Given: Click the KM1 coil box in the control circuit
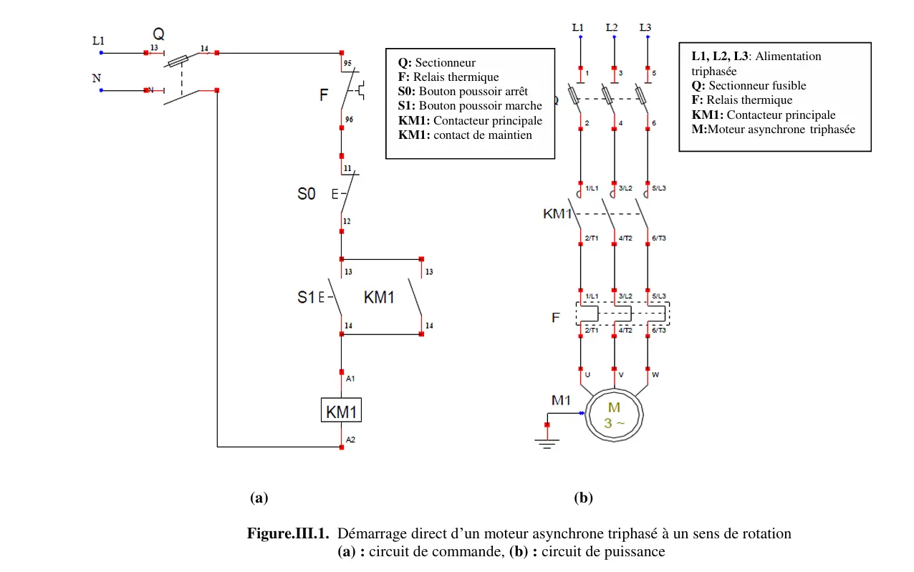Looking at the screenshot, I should [342, 412].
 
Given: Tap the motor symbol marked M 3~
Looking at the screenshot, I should [615, 415].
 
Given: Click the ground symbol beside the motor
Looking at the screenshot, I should [547, 443].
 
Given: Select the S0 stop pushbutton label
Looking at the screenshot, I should [307, 193].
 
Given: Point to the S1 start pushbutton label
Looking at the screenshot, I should [306, 296].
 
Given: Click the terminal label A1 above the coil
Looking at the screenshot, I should [350, 378].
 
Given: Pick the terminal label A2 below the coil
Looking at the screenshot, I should [350, 439].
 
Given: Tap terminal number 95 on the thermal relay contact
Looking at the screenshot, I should [348, 62].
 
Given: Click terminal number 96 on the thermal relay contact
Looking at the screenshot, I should [348, 120].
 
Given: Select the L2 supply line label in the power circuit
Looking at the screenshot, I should [612, 27].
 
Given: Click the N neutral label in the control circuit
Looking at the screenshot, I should [96, 79].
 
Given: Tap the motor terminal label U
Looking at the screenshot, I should [587, 374].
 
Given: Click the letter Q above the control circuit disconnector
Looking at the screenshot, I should [158, 34].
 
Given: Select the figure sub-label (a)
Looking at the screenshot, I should [259, 498].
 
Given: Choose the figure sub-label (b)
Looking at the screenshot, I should [584, 498].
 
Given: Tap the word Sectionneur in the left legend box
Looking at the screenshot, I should [446, 63].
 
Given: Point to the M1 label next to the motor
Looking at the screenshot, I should [561, 400].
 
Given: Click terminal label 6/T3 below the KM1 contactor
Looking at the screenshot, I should [658, 238].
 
